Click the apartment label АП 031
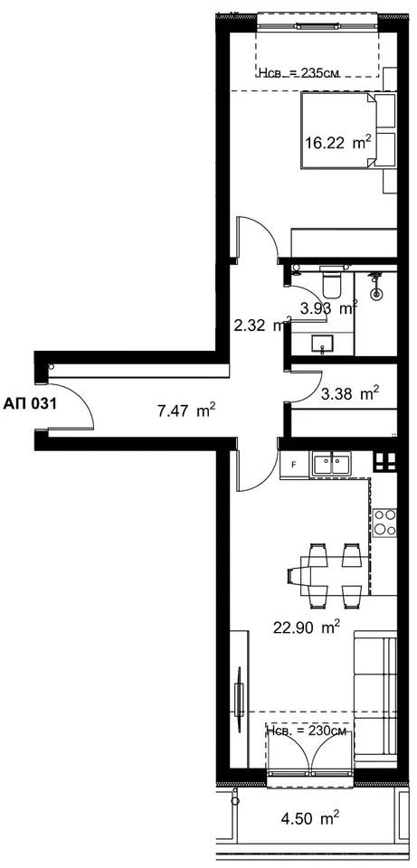31,403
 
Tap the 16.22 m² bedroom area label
337,143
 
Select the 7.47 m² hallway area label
186,411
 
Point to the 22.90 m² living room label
307,627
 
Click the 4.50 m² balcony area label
306,817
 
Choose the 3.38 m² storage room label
350,393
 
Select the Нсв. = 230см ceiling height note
307,731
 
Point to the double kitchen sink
332,464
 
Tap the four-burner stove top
385,522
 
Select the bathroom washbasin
322,345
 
